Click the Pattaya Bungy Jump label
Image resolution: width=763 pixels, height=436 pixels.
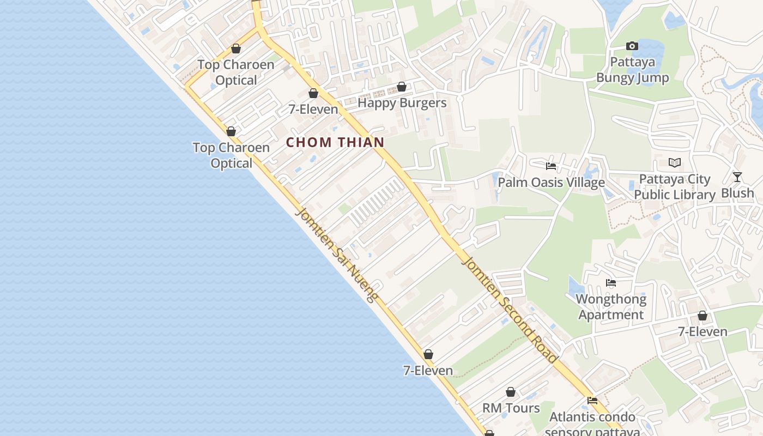[x=632, y=70]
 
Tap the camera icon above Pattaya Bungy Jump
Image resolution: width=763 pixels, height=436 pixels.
[x=632, y=46]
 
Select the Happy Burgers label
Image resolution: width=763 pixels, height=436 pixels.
[x=402, y=103]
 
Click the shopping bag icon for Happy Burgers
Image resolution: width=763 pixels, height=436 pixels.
[x=402, y=87]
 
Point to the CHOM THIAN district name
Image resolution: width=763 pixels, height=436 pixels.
[x=335, y=142]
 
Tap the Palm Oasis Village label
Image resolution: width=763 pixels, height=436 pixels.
[x=551, y=182]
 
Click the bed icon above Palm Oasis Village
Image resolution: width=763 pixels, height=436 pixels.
[x=551, y=166]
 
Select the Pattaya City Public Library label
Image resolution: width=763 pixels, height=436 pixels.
[x=675, y=187]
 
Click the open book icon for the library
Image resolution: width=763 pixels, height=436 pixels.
[x=675, y=162]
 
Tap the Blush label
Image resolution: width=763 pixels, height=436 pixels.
[x=737, y=193]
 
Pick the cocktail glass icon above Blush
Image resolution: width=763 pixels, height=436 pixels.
[x=737, y=177]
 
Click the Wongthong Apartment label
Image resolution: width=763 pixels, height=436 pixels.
[x=611, y=307]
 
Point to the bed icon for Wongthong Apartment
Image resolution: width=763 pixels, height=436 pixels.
[x=611, y=283]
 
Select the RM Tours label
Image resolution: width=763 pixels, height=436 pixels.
[x=511, y=408]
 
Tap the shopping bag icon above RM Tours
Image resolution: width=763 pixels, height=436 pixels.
[x=511, y=392]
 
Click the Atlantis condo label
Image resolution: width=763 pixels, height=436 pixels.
[x=592, y=417]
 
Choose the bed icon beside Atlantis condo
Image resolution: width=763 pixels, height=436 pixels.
[x=592, y=401]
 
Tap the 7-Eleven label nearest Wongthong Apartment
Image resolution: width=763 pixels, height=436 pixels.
[x=703, y=332]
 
